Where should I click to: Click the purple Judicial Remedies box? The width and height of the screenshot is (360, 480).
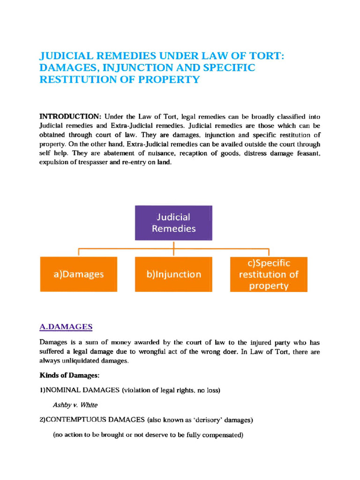pos(173,223)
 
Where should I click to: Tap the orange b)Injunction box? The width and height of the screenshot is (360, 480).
pos(174,274)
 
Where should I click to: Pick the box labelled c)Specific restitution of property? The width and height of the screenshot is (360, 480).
pos(269,274)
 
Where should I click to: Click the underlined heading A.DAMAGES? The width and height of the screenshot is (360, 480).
pos(66,326)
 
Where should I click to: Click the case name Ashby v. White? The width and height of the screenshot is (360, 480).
pos(75,405)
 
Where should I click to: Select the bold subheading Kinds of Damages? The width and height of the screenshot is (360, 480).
pos(69,375)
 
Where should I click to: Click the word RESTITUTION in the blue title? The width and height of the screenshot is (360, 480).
pos(75,79)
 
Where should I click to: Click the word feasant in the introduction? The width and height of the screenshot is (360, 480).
pos(307,154)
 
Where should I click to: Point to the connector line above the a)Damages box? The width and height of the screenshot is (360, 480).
pos(78,252)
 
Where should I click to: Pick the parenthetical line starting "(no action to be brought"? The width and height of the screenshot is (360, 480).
pos(148,435)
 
